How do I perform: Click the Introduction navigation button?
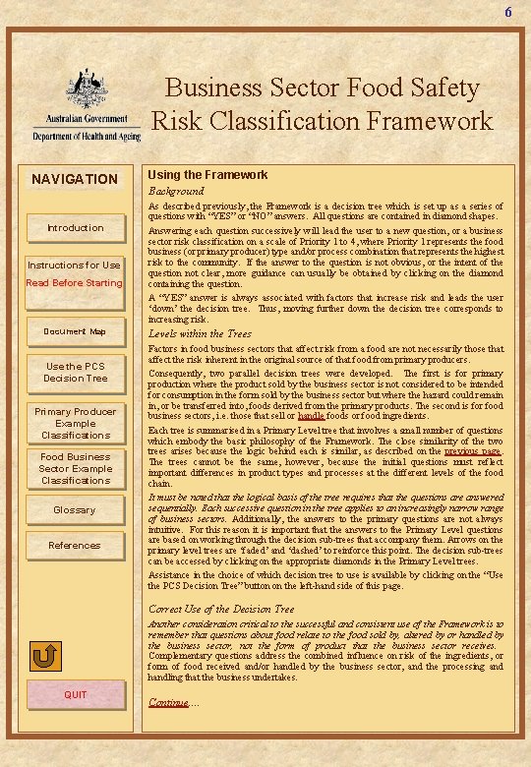click(x=75, y=228)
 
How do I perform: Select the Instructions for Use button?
click(x=75, y=265)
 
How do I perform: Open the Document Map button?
click(x=75, y=331)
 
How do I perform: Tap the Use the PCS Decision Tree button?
click(x=75, y=372)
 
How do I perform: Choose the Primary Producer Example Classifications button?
click(x=75, y=423)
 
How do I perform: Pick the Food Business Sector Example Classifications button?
click(x=75, y=469)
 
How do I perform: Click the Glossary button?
click(x=75, y=510)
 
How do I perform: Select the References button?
click(x=75, y=546)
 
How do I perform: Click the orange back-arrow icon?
click(x=45, y=657)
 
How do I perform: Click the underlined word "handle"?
click(x=311, y=416)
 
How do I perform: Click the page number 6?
click(x=508, y=13)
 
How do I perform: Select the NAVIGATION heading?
click(x=75, y=179)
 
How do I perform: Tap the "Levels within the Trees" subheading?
click(x=200, y=334)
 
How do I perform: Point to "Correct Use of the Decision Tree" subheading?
click(x=221, y=610)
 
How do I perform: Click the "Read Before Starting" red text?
click(x=75, y=283)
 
